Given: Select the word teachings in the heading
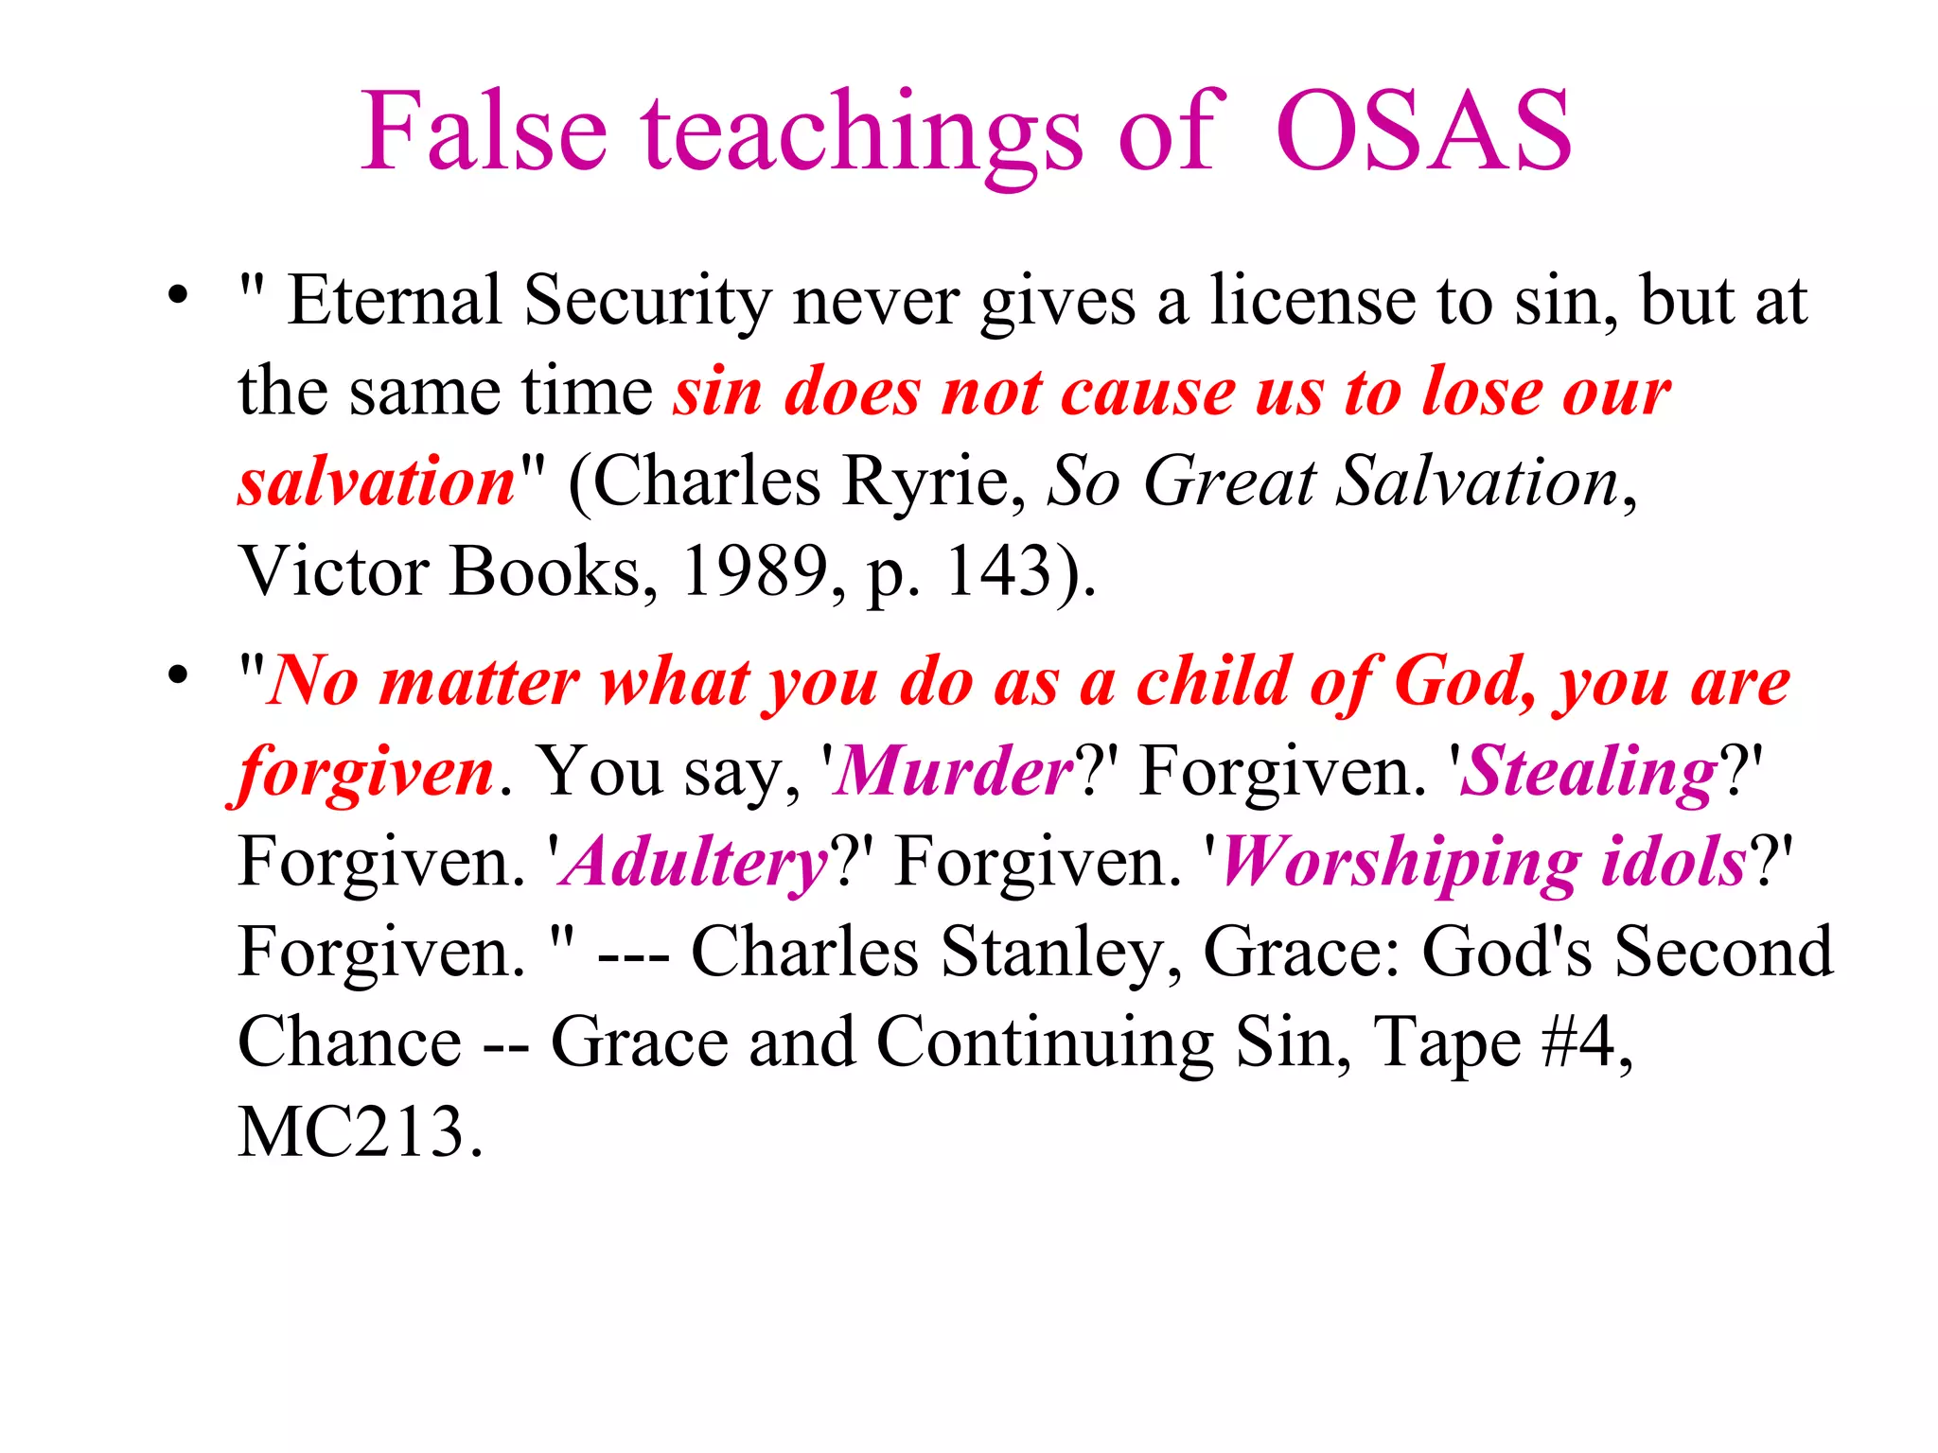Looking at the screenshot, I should point(861,137).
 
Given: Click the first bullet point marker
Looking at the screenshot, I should point(177,296).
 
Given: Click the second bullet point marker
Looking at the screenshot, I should point(177,675).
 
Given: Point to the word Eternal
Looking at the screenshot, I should point(394,301).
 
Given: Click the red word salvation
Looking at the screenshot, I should point(377,481).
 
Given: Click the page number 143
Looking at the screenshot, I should point(999,571).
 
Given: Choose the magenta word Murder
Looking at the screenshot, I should point(954,771).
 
